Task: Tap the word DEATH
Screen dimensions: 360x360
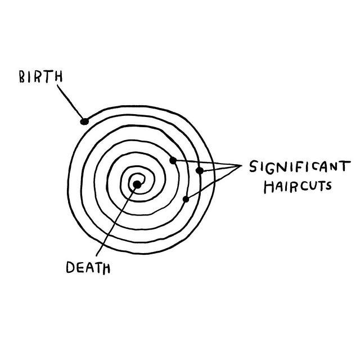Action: point(88,268)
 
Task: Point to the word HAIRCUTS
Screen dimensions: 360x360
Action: point(298,186)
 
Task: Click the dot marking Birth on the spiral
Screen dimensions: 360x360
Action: point(84,121)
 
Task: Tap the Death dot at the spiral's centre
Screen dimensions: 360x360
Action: point(137,184)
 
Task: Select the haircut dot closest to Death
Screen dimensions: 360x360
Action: point(173,161)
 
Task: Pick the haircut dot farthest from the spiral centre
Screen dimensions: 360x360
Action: point(199,170)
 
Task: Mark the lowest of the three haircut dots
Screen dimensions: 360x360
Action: point(186,199)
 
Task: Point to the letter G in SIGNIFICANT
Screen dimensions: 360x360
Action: point(268,167)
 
